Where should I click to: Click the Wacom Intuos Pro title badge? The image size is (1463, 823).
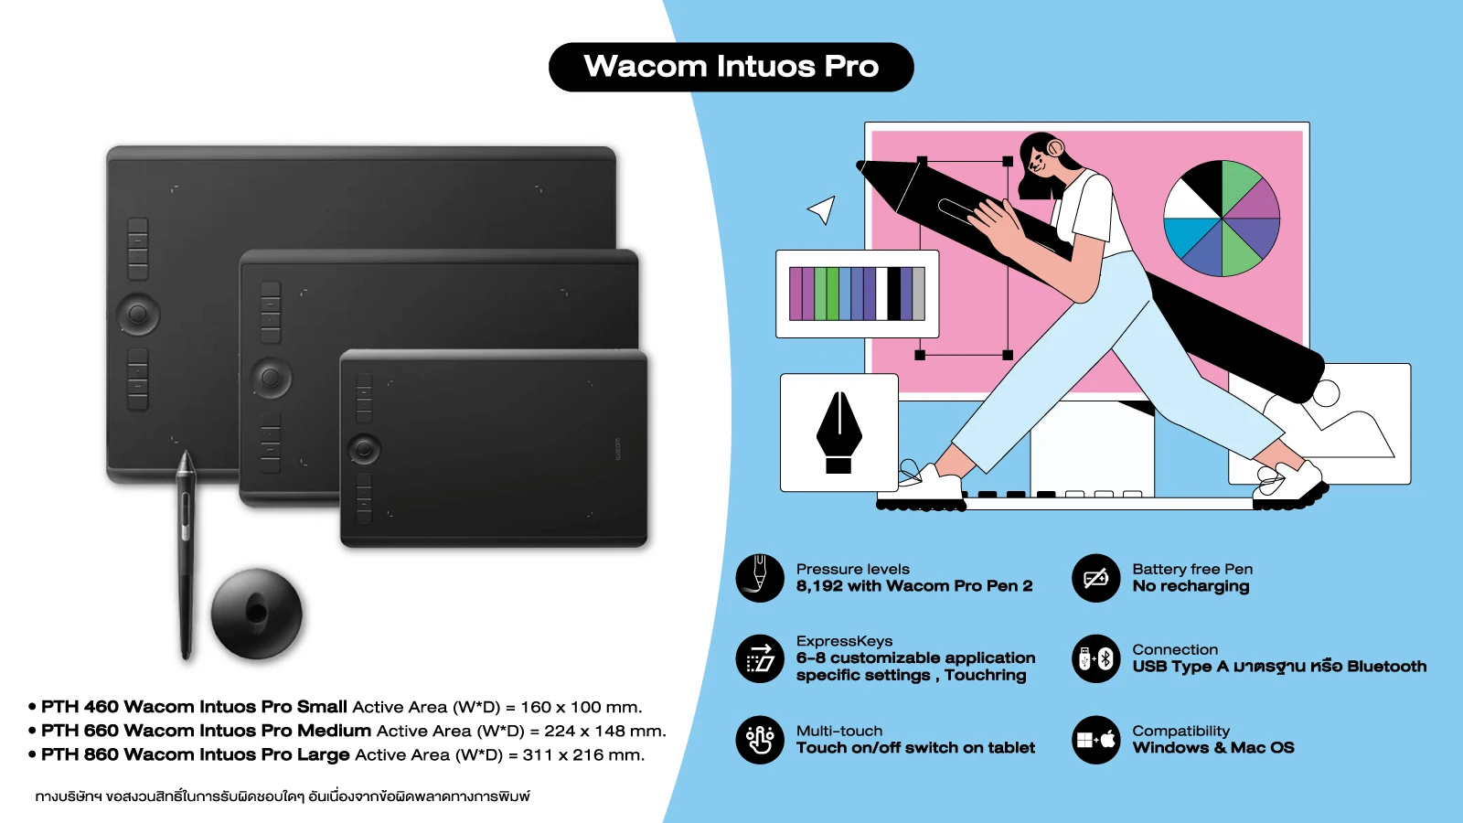[x=731, y=67]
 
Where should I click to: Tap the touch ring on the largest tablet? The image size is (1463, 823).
[x=138, y=315]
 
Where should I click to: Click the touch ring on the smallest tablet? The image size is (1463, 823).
[x=365, y=449]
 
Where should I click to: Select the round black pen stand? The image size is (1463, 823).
[x=257, y=614]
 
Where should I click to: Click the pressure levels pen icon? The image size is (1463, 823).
[x=760, y=578]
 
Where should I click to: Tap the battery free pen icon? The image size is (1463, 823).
[x=1096, y=578]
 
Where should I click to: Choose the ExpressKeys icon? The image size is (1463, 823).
[x=760, y=658]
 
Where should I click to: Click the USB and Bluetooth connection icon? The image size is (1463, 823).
[x=1096, y=658]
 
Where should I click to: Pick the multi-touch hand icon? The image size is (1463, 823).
[x=760, y=740]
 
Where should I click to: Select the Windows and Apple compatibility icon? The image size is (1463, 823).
[x=1096, y=740]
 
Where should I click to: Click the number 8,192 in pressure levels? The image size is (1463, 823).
[x=819, y=586]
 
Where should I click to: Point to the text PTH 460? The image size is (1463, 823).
[x=80, y=707]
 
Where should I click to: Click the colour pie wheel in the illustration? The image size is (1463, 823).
[x=1222, y=219]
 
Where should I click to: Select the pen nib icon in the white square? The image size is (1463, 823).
[x=839, y=433]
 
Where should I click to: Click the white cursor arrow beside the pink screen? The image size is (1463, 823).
[x=822, y=209]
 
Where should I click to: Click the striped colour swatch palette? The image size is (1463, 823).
[x=857, y=294]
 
